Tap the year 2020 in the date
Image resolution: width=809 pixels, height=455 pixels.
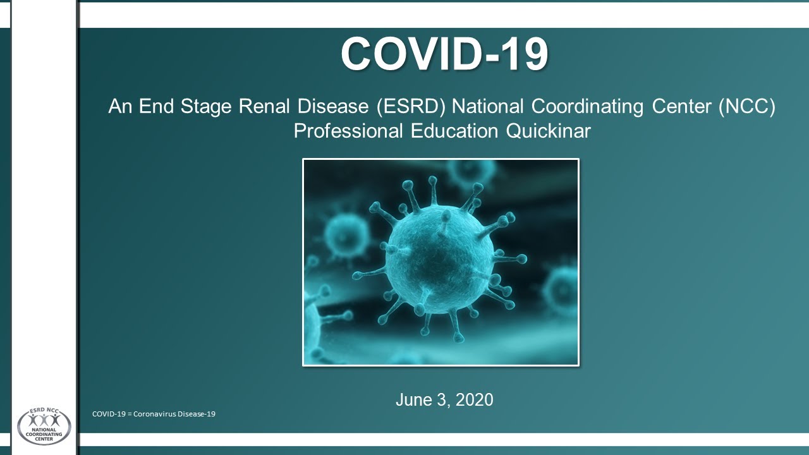pos(474,400)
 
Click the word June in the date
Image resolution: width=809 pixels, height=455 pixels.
pos(411,400)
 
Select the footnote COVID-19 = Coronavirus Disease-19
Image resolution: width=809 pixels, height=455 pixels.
pos(154,414)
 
